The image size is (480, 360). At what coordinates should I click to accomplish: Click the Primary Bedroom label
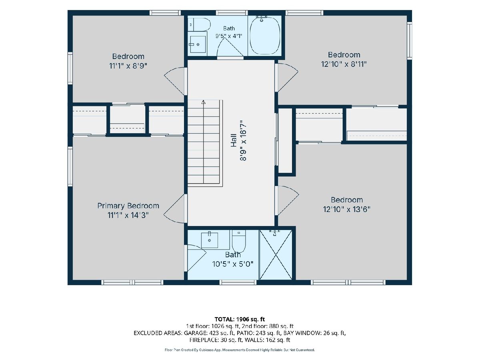click(128, 206)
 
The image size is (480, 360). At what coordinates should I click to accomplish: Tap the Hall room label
click(234, 140)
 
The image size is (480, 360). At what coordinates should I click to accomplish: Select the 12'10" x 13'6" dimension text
click(347, 209)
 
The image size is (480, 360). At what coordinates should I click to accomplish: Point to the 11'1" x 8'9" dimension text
click(128, 66)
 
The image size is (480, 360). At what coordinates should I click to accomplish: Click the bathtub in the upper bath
click(265, 36)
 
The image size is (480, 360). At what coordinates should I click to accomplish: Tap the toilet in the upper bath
click(199, 25)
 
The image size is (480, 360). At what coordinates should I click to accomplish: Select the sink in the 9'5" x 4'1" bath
click(198, 44)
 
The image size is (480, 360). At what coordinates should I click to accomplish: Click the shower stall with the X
click(276, 255)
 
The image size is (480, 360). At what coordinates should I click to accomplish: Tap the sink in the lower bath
click(210, 240)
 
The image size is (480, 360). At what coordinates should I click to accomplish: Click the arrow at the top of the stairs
click(204, 102)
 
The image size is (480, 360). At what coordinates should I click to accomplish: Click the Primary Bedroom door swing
click(175, 209)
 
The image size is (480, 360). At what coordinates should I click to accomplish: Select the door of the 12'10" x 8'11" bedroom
click(287, 77)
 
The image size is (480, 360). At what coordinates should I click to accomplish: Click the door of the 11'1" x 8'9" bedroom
click(175, 81)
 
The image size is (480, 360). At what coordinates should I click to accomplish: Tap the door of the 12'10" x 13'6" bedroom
click(287, 200)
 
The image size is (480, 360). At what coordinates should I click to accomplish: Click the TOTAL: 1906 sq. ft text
click(240, 319)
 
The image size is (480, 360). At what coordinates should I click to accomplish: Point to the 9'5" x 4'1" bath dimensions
click(229, 36)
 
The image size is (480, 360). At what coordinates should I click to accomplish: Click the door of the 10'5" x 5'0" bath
click(196, 258)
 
